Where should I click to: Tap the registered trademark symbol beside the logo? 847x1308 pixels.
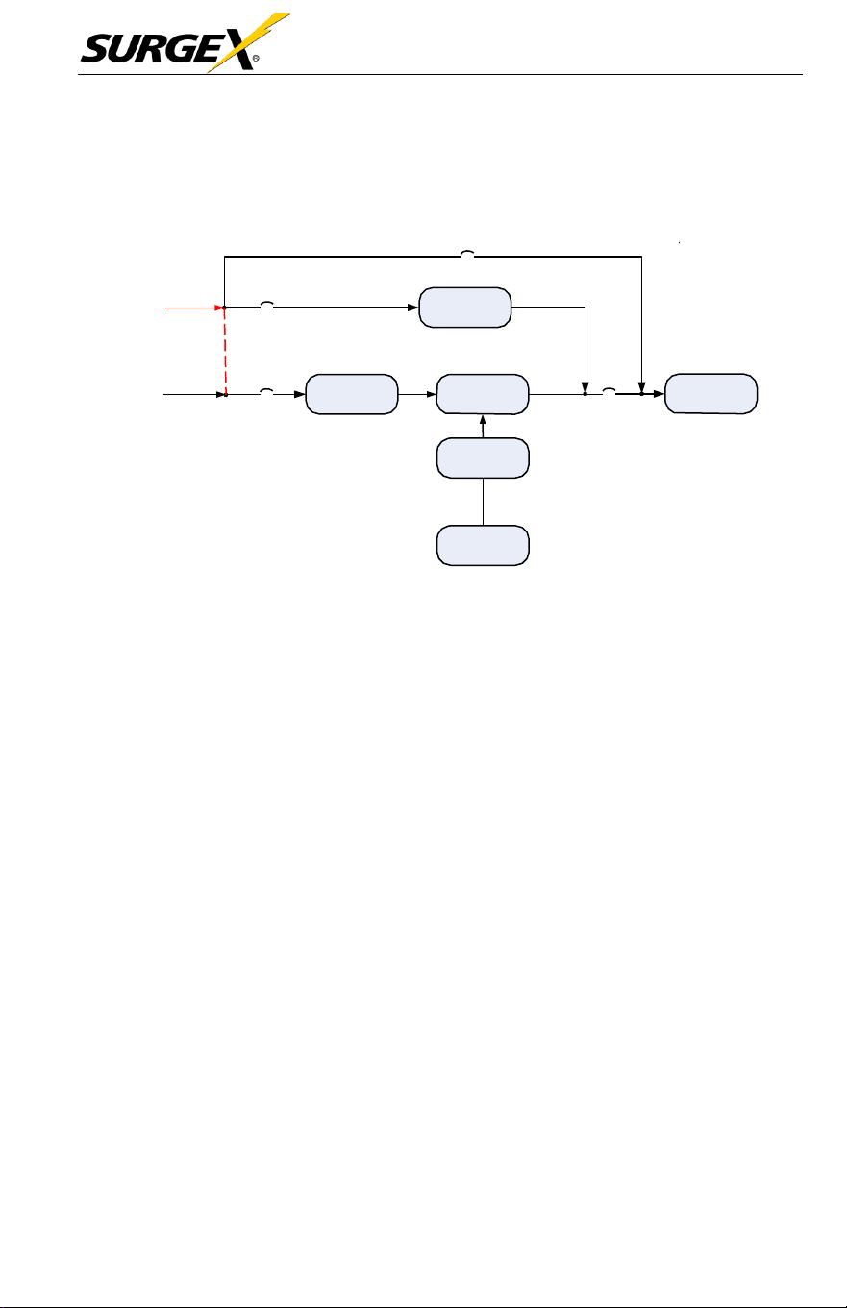(256, 59)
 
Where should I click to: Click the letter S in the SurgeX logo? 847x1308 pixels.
(97, 48)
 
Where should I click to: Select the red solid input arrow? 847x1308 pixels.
(194, 308)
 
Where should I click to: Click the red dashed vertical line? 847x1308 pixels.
(225, 351)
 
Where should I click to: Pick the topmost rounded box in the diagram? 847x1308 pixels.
(465, 308)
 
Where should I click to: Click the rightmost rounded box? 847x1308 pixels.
(710, 394)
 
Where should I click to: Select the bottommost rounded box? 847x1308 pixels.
(483, 545)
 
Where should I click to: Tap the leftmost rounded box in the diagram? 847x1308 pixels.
(352, 394)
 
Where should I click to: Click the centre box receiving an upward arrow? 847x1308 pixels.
(483, 394)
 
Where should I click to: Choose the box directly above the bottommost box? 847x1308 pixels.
(483, 457)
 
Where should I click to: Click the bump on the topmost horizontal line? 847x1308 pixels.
(467, 253)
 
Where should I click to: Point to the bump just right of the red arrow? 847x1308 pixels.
(266, 304)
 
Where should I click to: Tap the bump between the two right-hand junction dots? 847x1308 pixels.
(609, 390)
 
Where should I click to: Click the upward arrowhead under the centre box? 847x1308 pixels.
(483, 419)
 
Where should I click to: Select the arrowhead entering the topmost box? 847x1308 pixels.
(413, 308)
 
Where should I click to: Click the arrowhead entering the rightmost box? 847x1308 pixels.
(659, 394)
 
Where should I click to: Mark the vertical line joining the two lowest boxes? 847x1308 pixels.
(483, 502)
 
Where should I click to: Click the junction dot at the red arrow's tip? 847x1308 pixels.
(224, 308)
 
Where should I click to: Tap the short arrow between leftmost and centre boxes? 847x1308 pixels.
(417, 394)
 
